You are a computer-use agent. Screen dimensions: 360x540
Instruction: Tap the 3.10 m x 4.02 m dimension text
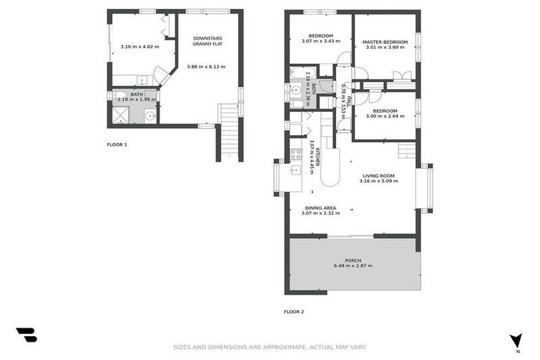click(139, 46)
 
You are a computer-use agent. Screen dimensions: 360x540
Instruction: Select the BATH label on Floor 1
click(136, 94)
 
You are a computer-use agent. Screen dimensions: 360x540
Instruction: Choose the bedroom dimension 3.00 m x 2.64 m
click(385, 117)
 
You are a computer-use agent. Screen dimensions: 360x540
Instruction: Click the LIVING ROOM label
click(378, 176)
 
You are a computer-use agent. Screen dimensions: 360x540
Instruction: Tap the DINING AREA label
click(320, 207)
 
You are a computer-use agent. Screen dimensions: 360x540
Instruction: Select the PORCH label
click(353, 260)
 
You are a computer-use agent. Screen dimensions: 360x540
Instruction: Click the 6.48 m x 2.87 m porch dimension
click(353, 266)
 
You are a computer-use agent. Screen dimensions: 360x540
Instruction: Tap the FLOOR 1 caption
click(117, 144)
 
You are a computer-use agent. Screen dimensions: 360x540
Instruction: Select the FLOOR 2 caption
click(294, 311)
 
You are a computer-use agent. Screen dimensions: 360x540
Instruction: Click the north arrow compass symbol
click(516, 340)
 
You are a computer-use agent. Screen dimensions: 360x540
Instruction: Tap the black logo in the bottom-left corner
click(26, 335)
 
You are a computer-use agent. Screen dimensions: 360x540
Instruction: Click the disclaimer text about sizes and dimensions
click(270, 347)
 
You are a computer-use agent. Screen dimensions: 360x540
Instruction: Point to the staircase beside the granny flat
click(230, 131)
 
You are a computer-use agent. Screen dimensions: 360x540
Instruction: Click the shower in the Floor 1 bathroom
click(121, 116)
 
